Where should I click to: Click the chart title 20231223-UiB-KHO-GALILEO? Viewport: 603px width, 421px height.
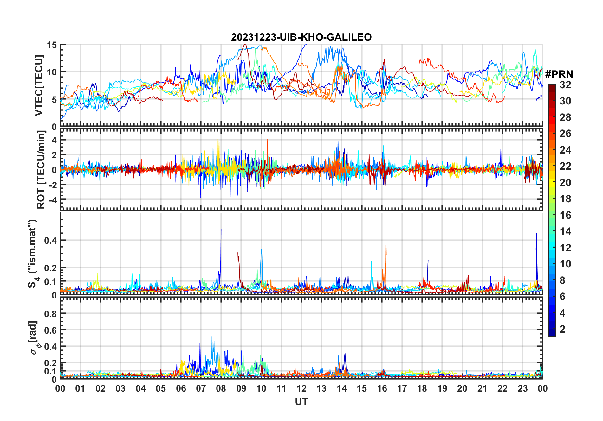301,37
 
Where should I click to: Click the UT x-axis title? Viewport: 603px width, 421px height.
301,401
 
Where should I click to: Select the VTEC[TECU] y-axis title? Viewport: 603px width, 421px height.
39,85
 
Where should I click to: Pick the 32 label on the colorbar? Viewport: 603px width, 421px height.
565,85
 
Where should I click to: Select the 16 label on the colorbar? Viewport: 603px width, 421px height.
565,215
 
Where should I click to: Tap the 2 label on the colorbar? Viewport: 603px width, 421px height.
562,329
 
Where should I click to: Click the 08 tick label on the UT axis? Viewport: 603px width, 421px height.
221,388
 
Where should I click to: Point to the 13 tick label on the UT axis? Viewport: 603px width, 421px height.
321,388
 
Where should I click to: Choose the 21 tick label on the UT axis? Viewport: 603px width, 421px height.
482,388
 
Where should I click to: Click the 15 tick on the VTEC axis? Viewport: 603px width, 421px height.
52,45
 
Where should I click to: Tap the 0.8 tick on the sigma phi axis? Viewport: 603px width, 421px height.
50,314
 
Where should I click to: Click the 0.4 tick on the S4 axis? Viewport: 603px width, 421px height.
50,240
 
